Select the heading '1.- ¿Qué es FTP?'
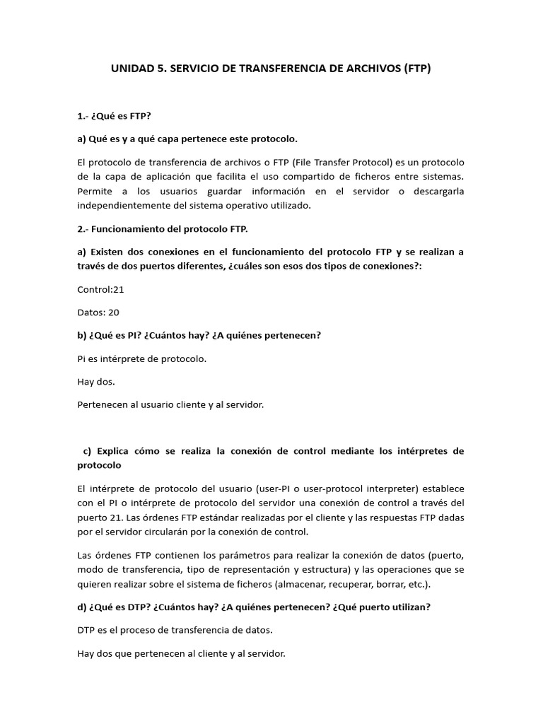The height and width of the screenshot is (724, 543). point(114,115)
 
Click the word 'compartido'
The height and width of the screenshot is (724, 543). point(319,177)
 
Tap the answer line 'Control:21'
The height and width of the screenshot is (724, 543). point(100,289)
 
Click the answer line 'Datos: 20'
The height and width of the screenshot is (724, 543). point(98,312)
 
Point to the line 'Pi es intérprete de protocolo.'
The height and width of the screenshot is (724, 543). point(141,358)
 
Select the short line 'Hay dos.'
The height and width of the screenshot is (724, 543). point(95,382)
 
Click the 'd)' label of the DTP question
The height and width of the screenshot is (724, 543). point(83,607)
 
